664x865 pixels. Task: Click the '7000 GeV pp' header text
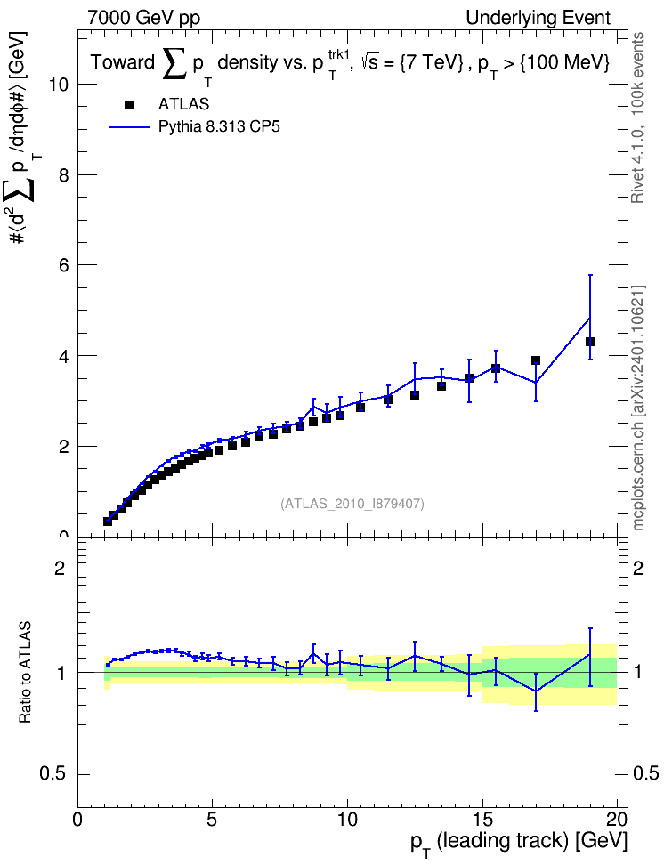coord(143,18)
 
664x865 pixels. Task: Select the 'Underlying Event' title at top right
coord(538,18)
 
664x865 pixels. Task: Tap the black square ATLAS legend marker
coord(129,105)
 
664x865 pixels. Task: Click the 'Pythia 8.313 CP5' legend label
coord(219,127)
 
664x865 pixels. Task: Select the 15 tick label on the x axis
coord(482,819)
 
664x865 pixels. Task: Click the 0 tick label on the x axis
coord(77,819)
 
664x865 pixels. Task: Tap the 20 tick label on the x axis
coord(617,819)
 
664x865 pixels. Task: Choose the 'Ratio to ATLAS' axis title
coord(26,672)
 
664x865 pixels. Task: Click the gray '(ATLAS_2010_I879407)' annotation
coord(352,504)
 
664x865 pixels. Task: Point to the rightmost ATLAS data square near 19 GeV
coord(589,342)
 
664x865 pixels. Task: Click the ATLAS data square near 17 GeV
coord(536,360)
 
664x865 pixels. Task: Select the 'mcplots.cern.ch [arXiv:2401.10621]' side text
coord(638,408)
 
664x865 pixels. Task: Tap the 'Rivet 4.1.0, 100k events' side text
coord(637,117)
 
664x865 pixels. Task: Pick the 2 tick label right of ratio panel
coord(638,568)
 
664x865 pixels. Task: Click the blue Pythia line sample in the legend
coord(129,127)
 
